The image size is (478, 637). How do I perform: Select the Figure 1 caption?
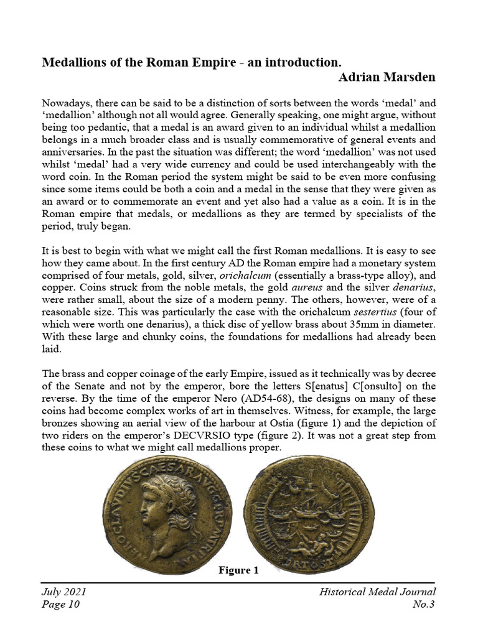tap(238, 569)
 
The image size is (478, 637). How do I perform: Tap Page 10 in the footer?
tap(60, 605)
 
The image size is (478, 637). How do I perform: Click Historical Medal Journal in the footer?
tap(377, 592)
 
